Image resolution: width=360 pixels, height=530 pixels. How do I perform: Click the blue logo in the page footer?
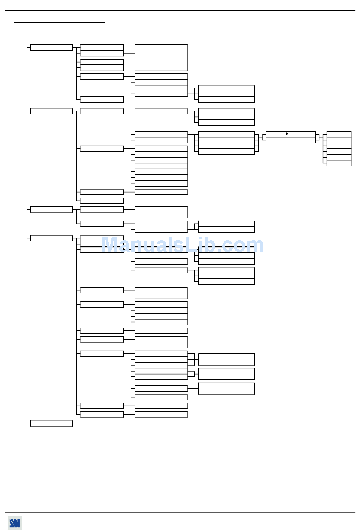[x=15, y=523]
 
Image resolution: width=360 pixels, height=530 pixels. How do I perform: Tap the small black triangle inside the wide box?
[x=287, y=134]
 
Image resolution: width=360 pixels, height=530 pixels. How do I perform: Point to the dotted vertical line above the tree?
[x=27, y=36]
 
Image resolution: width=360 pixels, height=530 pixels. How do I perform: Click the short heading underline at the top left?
[x=59, y=23]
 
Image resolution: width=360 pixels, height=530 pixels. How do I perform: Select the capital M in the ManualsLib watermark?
[x=111, y=245]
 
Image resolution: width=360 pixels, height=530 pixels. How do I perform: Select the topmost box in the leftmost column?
[x=52, y=47]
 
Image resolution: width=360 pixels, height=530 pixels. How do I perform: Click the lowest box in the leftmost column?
[x=52, y=423]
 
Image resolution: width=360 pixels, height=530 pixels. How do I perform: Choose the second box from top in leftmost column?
[x=52, y=111]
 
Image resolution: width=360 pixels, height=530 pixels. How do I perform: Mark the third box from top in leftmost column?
[x=52, y=209]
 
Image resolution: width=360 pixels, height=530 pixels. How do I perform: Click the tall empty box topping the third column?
[x=161, y=58]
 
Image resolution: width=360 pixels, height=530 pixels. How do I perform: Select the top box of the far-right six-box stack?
[x=339, y=134]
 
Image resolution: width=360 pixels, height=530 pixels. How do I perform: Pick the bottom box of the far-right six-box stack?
[x=339, y=163]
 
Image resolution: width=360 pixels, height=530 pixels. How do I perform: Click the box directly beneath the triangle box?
[x=291, y=140]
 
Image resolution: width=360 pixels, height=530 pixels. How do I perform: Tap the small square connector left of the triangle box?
[x=264, y=137]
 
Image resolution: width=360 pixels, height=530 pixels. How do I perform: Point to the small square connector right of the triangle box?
[x=318, y=137]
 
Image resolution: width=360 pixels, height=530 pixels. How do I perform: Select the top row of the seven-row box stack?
[x=161, y=149]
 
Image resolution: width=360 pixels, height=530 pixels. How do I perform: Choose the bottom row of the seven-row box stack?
[x=161, y=183]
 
